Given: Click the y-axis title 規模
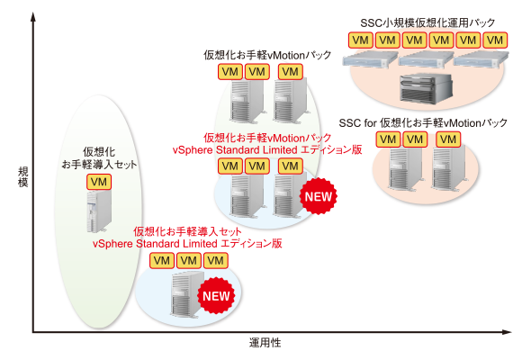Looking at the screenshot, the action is tap(23, 176).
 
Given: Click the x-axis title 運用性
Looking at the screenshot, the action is tap(265, 343).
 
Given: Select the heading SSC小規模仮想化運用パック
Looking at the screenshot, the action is tap(427, 23).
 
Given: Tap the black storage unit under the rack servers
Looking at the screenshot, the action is tap(426, 88).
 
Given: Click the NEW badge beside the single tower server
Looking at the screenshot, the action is tap(216, 296).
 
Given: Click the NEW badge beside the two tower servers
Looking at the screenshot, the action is tap(319, 196).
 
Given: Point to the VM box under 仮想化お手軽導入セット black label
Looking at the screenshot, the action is tap(99, 182).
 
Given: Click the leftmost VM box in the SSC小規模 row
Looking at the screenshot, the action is tap(360, 40).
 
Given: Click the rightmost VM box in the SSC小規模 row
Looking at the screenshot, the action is tap(495, 40).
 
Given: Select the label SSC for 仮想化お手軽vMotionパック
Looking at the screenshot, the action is tap(423, 122).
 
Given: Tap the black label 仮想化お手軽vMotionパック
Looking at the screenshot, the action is tap(267, 55).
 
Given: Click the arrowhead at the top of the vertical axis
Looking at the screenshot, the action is tap(33, 16).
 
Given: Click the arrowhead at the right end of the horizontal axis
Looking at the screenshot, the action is tap(507, 332).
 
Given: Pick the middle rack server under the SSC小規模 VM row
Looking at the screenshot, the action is tap(426, 59).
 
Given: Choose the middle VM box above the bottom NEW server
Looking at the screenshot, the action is tap(189, 260).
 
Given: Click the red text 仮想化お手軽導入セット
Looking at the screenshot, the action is tap(187, 231).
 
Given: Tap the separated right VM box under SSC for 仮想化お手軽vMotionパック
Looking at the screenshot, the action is tap(448, 139).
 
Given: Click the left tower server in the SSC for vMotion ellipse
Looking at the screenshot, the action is tap(405, 169).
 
